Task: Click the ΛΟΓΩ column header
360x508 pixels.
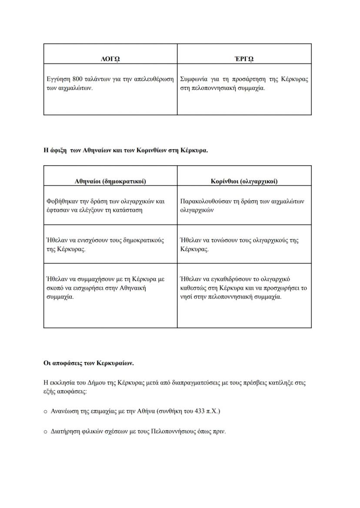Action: [x=110, y=59]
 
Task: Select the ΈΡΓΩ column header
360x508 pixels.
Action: [x=244, y=59]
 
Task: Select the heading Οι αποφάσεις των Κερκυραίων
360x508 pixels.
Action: [x=88, y=362]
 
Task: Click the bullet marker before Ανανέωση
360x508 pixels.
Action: [x=46, y=411]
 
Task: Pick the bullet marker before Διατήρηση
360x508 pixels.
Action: [x=46, y=432]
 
